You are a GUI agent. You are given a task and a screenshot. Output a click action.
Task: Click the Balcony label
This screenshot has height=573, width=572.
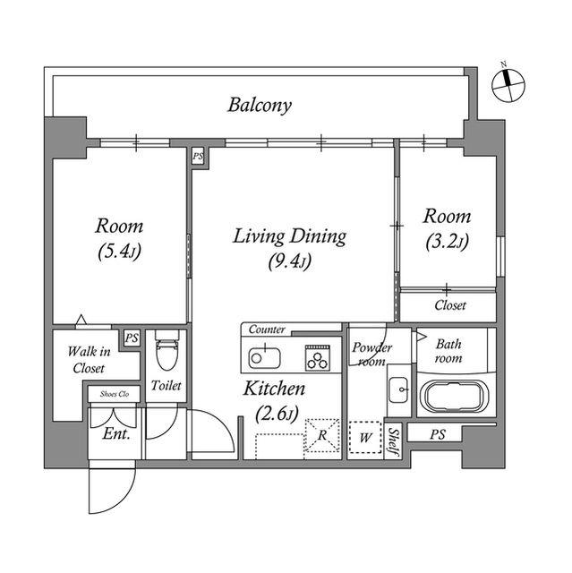260,106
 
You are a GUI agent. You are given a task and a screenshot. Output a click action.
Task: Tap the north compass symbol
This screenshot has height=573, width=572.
508,85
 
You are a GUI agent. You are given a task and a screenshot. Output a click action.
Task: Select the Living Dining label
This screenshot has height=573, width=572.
289,236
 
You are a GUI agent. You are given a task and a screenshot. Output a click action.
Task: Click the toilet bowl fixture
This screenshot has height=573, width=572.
166,350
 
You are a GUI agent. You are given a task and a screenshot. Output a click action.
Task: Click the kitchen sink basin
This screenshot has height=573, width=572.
264,357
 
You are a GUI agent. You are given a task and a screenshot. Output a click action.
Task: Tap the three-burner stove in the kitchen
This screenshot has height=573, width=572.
318,358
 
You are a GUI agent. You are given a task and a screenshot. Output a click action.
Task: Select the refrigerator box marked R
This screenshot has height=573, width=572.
322,435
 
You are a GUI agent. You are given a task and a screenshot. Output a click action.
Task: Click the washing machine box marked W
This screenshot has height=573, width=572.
365,438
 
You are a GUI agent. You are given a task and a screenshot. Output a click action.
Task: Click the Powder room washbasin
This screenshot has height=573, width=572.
398,389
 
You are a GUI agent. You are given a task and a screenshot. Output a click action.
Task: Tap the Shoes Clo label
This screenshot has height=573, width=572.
115,394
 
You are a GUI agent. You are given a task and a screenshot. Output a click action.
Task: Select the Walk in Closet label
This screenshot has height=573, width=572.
90,360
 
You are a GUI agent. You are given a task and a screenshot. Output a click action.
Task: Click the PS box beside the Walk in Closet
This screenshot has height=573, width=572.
132,338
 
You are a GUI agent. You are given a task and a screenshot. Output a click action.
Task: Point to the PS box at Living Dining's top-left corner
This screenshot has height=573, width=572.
199,157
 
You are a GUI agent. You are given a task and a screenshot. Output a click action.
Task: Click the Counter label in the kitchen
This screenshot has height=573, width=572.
267,329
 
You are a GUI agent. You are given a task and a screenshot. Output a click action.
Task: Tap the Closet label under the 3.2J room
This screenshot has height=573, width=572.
450,305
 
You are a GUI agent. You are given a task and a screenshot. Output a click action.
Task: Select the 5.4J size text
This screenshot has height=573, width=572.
119,252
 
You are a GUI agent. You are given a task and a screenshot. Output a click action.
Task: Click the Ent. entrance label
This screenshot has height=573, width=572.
116,433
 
